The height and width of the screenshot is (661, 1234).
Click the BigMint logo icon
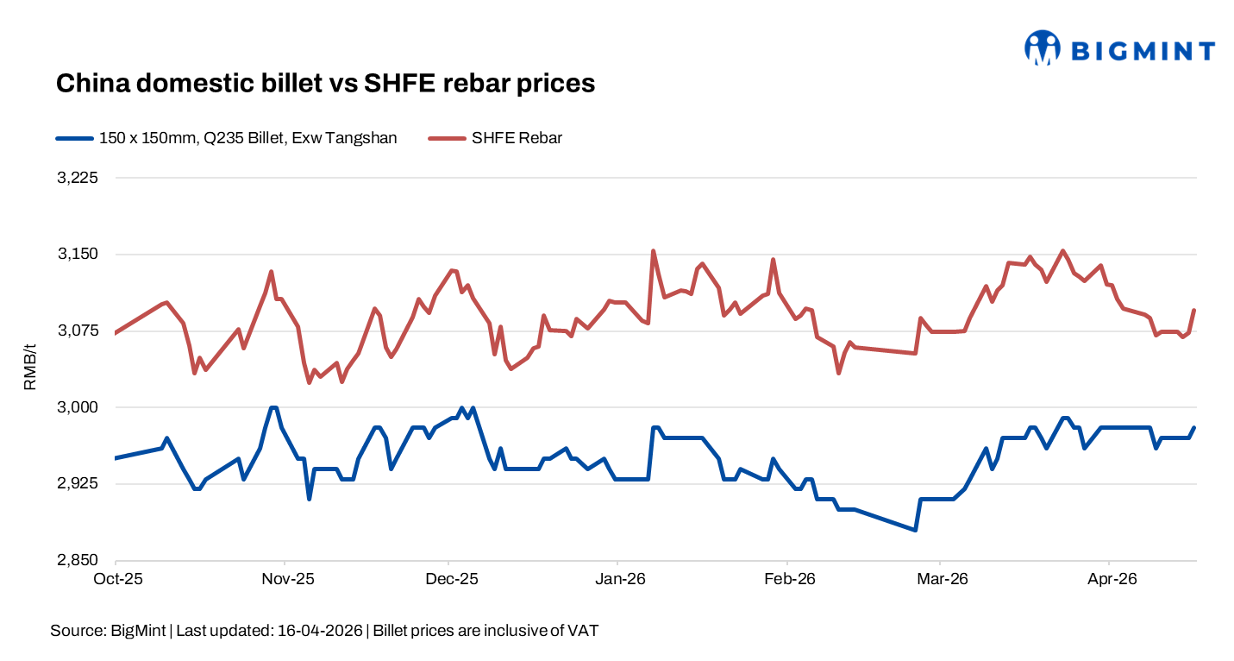coord(1042,48)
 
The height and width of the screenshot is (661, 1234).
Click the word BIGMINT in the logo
coord(1142,51)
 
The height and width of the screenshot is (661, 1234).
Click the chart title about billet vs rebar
coord(325,83)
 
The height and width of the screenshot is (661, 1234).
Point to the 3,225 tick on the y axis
coord(77,178)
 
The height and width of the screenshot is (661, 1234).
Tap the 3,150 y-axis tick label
coord(77,255)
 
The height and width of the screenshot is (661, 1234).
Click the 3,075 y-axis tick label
coord(77,331)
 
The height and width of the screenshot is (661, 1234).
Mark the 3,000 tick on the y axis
coord(77,407)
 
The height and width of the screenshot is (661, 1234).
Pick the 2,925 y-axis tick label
coord(77,484)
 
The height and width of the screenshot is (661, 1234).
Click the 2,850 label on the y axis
coord(77,561)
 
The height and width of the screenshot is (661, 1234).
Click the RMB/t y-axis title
coord(30,368)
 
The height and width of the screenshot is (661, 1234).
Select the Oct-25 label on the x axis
coord(116,578)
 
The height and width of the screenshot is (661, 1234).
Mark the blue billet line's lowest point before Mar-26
coord(915,530)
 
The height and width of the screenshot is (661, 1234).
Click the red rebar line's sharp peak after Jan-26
coord(653,251)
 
